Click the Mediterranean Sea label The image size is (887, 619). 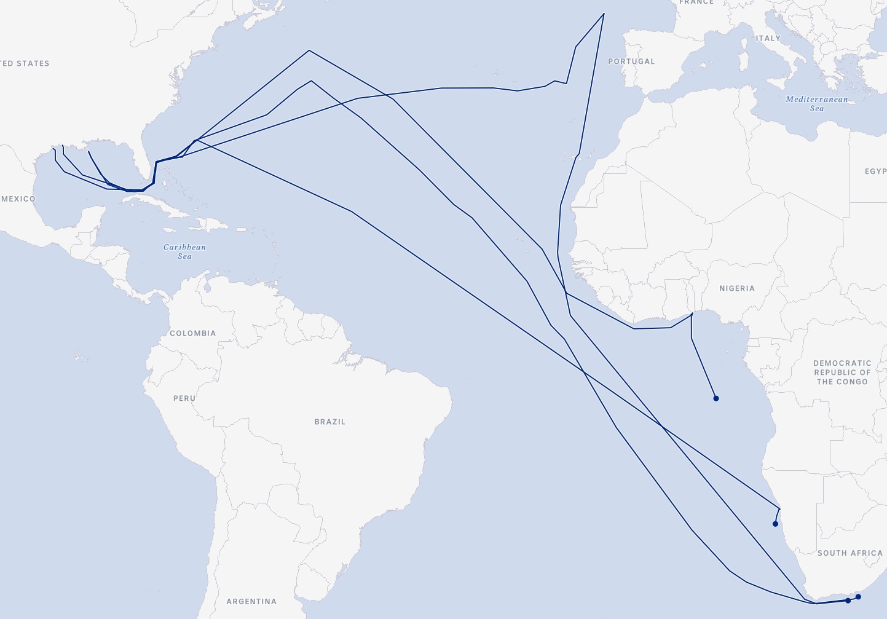pyautogui.click(x=817, y=103)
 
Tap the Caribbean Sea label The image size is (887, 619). pyautogui.click(x=184, y=251)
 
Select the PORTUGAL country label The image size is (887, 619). pyautogui.click(x=631, y=61)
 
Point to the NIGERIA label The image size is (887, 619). pyautogui.click(x=737, y=288)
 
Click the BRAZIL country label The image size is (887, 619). pyautogui.click(x=330, y=422)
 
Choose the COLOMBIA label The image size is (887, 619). pyautogui.click(x=193, y=333)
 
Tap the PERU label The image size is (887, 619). pyautogui.click(x=184, y=398)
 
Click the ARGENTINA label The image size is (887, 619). pyautogui.click(x=251, y=601)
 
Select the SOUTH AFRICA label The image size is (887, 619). pyautogui.click(x=850, y=553)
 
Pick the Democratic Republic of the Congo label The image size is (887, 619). pyautogui.click(x=842, y=373)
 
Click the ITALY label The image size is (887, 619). pyautogui.click(x=768, y=38)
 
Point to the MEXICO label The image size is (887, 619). pyautogui.click(x=18, y=199)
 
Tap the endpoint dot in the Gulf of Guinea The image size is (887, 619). pyautogui.click(x=716, y=398)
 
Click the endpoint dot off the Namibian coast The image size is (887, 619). pyautogui.click(x=775, y=524)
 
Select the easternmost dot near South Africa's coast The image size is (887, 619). pyautogui.click(x=858, y=597)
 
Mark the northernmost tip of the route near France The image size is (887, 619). pyautogui.click(x=604, y=14)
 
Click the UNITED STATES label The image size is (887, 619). pyautogui.click(x=25, y=63)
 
